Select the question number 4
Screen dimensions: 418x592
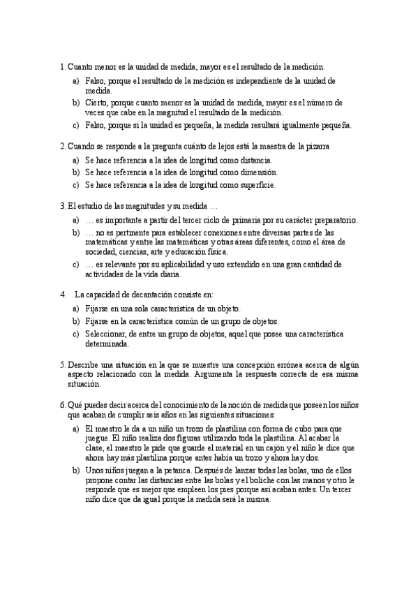pyautogui.click(x=64, y=294)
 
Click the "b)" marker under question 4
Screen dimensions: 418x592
pyautogui.click(x=75, y=321)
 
